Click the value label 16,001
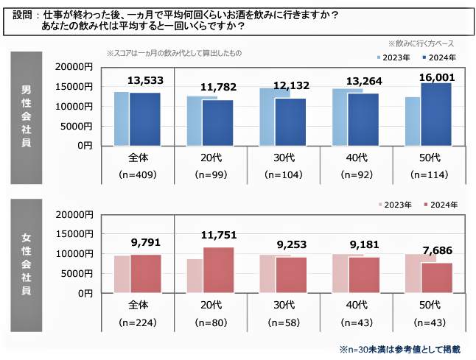435,77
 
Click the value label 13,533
146,80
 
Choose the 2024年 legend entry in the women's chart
443,204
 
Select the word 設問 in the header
23,14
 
